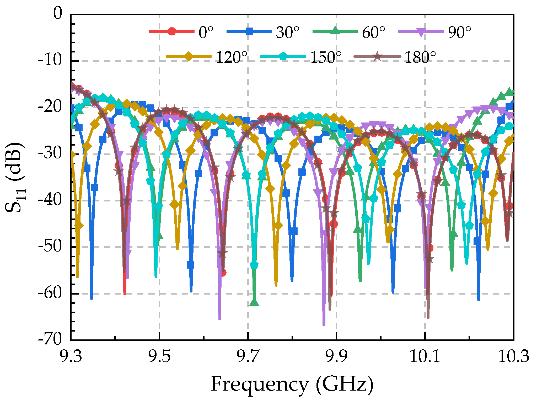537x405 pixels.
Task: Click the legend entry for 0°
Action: pyautogui.click(x=206, y=33)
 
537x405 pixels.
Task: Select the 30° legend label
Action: pyautogui.click(x=287, y=33)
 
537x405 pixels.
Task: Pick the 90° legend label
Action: pyautogui.click(x=459, y=33)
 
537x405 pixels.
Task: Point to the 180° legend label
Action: pyautogui.click(x=420, y=57)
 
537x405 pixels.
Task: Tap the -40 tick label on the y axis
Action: pyautogui.click(x=50, y=200)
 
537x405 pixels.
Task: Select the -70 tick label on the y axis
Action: pyautogui.click(x=50, y=340)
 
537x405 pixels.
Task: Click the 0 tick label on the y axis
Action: pyautogui.click(x=58, y=14)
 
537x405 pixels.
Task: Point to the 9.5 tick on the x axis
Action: pyautogui.click(x=159, y=357)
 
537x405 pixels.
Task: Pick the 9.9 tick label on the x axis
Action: pyautogui.click(x=337, y=357)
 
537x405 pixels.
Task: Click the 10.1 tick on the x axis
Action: pyautogui.click(x=425, y=357)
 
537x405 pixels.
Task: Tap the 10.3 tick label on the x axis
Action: pyautogui.click(x=513, y=357)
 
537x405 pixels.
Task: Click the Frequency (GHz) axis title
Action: pyautogui.click(x=292, y=384)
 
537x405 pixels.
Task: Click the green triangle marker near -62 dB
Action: pyautogui.click(x=254, y=302)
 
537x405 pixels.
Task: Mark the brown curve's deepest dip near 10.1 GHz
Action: pyautogui.click(x=428, y=317)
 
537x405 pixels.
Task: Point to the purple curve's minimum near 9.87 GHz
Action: pyautogui.click(x=324, y=325)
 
